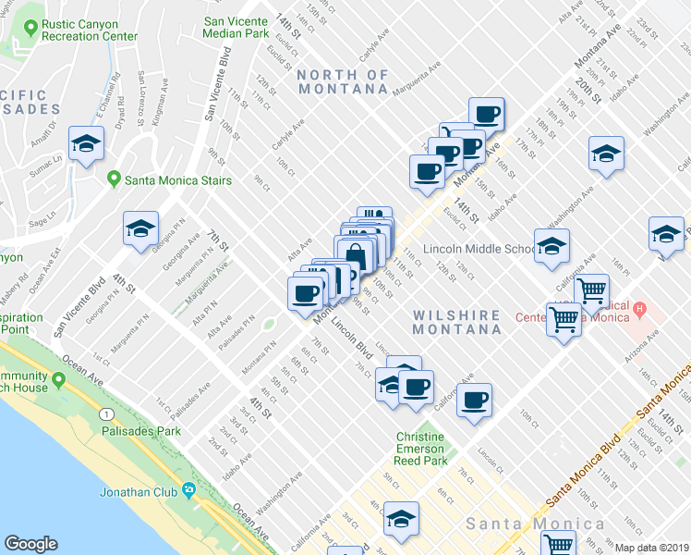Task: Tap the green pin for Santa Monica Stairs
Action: click(x=114, y=179)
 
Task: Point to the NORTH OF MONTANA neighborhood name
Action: click(x=344, y=81)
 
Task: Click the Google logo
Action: click(x=31, y=544)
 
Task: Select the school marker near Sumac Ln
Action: click(x=86, y=144)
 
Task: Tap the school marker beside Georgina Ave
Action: click(x=141, y=229)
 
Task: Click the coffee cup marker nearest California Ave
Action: click(x=475, y=401)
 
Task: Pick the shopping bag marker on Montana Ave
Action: click(x=356, y=253)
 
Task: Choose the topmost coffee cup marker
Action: click(x=486, y=115)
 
